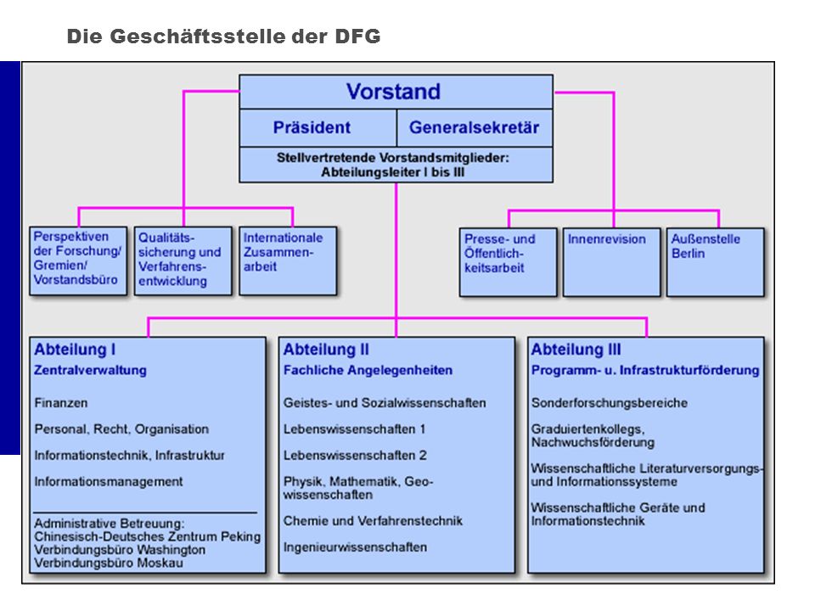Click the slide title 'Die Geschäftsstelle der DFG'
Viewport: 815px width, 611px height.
223,36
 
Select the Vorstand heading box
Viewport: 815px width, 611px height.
396,92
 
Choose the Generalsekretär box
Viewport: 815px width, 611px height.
475,128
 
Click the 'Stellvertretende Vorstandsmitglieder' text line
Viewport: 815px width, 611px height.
393,158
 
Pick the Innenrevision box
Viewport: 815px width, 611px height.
612,262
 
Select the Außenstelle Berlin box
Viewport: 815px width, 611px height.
715,262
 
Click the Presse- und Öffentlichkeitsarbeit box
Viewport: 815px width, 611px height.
508,262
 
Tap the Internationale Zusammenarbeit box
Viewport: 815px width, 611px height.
288,261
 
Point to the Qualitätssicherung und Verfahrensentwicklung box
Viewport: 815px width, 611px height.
183,261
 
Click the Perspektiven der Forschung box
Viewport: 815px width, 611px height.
78,261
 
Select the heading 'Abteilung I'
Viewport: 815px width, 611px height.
75,350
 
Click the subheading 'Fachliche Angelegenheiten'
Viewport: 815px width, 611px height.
368,371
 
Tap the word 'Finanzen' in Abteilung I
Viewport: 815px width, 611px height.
61,403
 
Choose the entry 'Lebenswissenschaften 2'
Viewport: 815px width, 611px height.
355,456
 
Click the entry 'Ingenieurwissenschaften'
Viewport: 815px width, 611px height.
355,547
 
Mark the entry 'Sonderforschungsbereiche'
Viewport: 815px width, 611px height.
610,403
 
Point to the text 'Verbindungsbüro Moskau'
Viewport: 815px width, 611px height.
109,563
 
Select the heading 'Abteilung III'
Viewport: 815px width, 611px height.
576,350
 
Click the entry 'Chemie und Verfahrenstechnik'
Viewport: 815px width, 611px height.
373,521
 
